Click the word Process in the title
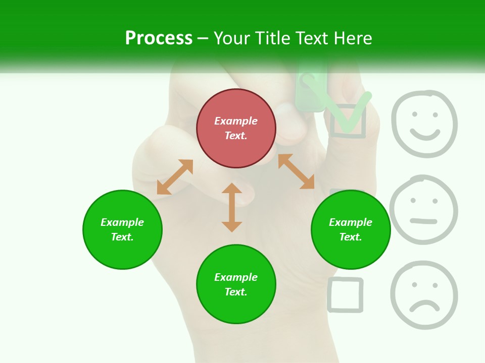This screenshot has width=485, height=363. (x=159, y=38)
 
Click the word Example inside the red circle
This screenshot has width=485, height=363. (x=236, y=121)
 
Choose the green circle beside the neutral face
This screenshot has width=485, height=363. (x=351, y=229)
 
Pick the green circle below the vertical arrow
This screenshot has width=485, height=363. (x=236, y=284)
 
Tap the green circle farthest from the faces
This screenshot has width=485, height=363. (x=122, y=229)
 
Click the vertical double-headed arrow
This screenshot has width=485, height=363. (x=232, y=207)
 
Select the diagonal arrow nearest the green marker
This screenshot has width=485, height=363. (x=296, y=171)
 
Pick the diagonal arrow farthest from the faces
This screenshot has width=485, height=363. (x=175, y=177)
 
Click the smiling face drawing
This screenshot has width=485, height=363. (x=424, y=124)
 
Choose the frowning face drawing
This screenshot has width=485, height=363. (x=424, y=295)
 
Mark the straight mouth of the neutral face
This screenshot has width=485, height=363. (x=423, y=221)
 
